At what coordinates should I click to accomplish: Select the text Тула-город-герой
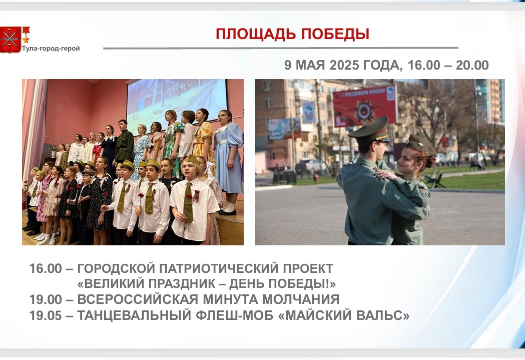click(51, 49)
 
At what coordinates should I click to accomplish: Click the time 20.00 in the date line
click(472, 65)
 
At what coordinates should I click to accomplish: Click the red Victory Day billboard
click(364, 106)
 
